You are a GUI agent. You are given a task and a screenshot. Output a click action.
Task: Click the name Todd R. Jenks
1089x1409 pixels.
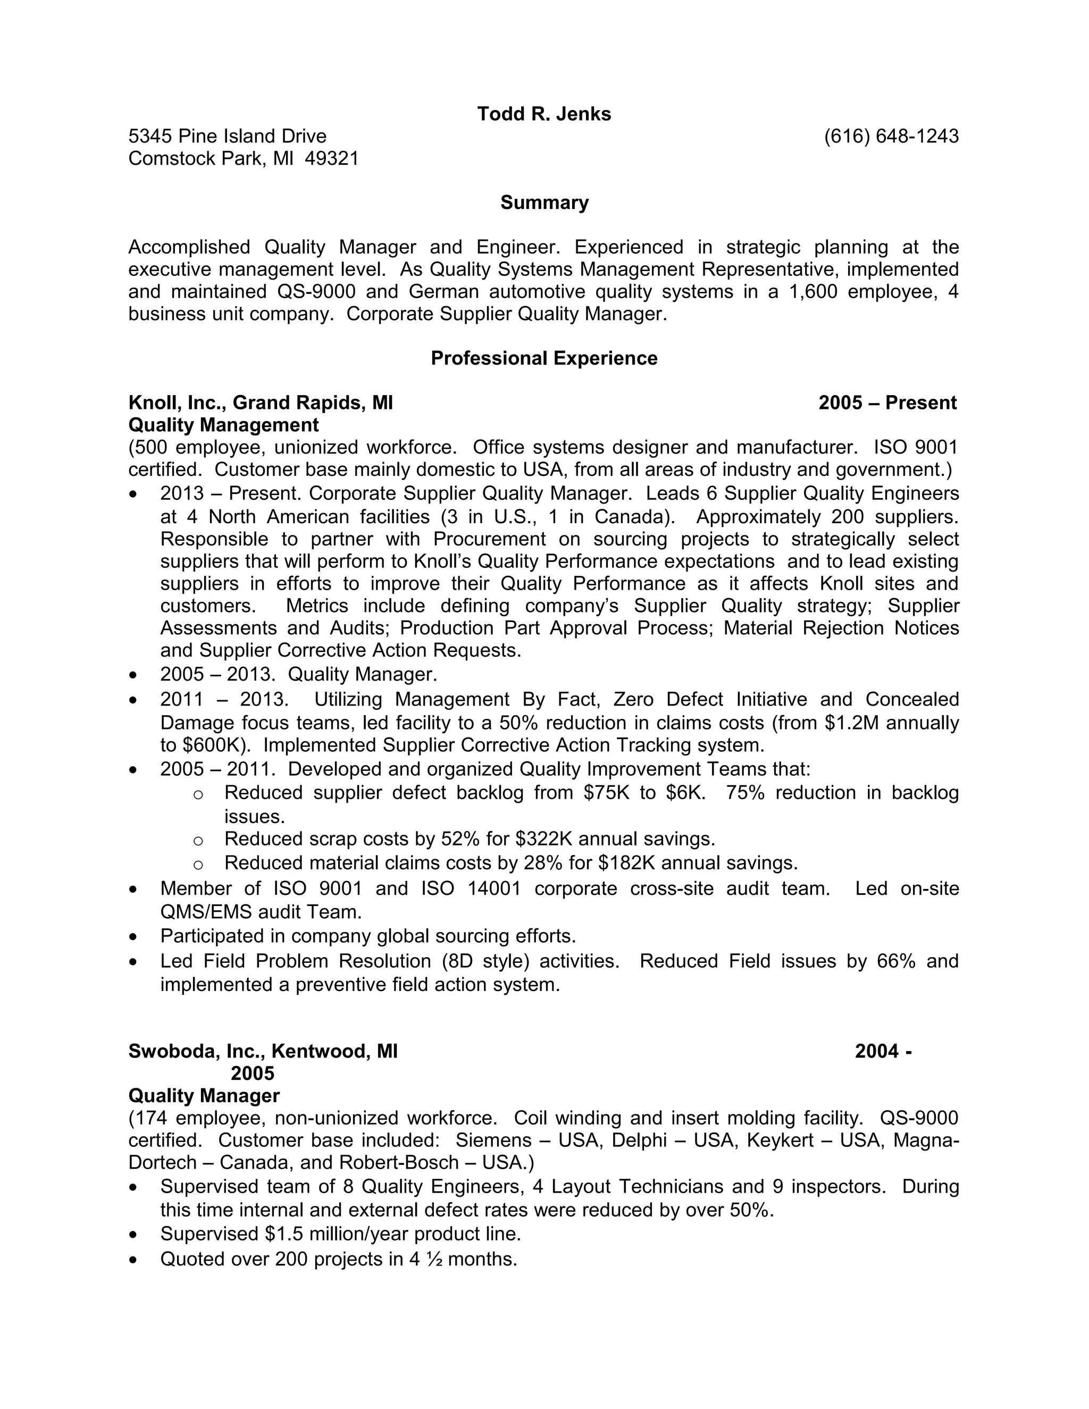point(544,114)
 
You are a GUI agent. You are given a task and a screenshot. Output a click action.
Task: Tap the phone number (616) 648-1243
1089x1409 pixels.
point(891,136)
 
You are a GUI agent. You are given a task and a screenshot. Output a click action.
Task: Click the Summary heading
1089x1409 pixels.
point(544,203)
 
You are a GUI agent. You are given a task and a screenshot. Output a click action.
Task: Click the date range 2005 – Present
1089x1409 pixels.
point(887,402)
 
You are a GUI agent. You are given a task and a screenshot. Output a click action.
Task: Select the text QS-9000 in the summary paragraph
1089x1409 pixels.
point(316,291)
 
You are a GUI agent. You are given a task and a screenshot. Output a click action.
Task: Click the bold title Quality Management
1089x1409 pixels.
point(223,425)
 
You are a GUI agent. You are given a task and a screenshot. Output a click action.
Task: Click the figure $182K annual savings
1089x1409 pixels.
point(626,862)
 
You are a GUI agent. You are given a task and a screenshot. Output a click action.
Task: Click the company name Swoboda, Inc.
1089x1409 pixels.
point(197,1051)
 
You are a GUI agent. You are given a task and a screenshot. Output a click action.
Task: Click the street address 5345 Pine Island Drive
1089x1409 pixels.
point(227,136)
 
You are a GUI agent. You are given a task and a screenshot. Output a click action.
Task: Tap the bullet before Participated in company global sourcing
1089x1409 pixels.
point(133,937)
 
